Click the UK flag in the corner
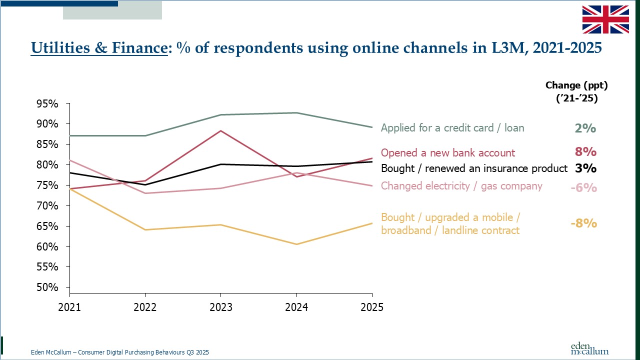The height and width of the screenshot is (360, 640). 605,19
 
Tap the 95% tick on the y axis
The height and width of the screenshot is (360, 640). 48,103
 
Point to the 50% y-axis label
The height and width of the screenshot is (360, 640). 48,287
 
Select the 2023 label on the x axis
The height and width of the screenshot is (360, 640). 220,307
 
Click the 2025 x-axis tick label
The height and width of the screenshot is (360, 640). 371,307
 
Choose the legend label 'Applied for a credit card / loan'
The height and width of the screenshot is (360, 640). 452,128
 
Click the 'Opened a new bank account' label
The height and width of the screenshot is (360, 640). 447,153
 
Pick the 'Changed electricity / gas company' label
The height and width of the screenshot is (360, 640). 461,186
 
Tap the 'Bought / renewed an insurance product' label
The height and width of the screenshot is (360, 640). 474,168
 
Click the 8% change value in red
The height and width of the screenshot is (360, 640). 585,152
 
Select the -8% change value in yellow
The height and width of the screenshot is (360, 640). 583,223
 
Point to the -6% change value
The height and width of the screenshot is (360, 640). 583,188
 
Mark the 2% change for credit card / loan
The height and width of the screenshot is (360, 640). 585,128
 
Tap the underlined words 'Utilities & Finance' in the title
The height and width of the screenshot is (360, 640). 98,48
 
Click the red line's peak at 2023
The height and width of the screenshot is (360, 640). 220,131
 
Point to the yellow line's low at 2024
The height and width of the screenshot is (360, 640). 296,244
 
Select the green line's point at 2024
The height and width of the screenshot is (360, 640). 296,113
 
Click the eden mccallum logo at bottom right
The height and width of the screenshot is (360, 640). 589,348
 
